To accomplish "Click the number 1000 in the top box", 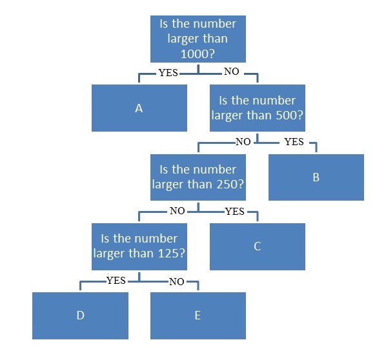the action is click(194, 54).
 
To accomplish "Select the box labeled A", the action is click(139, 108).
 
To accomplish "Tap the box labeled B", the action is click(316, 177).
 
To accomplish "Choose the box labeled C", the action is click(258, 246).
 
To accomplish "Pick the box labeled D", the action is click(80, 315).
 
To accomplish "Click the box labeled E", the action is click(198, 315).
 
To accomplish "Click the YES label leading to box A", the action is click(168, 73).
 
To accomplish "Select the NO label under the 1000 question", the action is click(231, 72).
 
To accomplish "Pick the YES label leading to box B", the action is click(294, 142).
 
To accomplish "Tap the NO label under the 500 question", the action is click(243, 142).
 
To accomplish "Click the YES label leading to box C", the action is click(234, 212).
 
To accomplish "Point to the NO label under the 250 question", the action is click(178, 211).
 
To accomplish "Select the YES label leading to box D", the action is click(116, 280).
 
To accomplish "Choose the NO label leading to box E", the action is click(176, 282).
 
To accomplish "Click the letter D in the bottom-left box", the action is click(81, 315).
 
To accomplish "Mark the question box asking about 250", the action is click(198, 177).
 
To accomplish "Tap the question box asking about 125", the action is click(139, 246).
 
